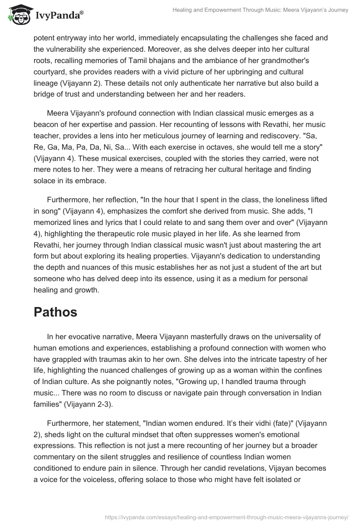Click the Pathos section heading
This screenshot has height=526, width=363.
(55, 312)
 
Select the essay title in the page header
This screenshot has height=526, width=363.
(261, 10)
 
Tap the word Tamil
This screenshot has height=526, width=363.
(129, 60)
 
